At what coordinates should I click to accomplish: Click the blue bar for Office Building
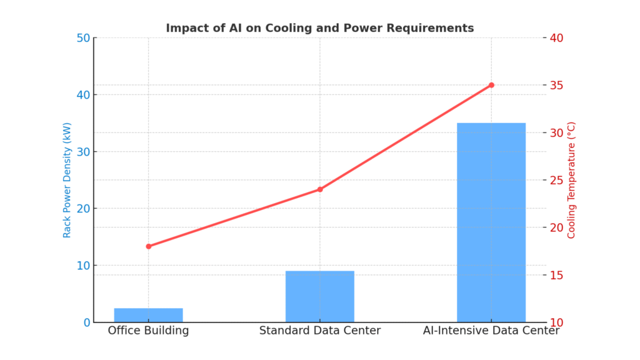pos(148,315)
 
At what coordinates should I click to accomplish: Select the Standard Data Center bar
pos(319,296)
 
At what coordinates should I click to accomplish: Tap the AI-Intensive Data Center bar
pos(491,222)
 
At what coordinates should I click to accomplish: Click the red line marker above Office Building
pos(148,246)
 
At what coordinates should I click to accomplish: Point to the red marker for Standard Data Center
pos(320,189)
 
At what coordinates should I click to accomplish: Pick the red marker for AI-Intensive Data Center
pos(491,85)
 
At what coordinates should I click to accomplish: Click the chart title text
pos(319,28)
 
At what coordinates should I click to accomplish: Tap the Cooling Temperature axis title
pos(571,180)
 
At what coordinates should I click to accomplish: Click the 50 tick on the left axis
pos(82,38)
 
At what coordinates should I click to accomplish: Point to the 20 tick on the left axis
pos(82,209)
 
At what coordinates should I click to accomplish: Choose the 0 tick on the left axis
pos(86,322)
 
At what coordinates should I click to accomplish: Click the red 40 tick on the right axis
pos(556,38)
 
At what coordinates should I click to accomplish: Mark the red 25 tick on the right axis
pos(556,181)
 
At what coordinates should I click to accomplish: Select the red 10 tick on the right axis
pos(556,322)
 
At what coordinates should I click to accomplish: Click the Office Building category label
pos(148,331)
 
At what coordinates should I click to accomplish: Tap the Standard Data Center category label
pos(319,331)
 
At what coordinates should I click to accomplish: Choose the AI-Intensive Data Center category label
pos(491,331)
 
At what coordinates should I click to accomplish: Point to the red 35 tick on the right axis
pos(556,86)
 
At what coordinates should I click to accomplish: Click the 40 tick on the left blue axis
pos(82,95)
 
